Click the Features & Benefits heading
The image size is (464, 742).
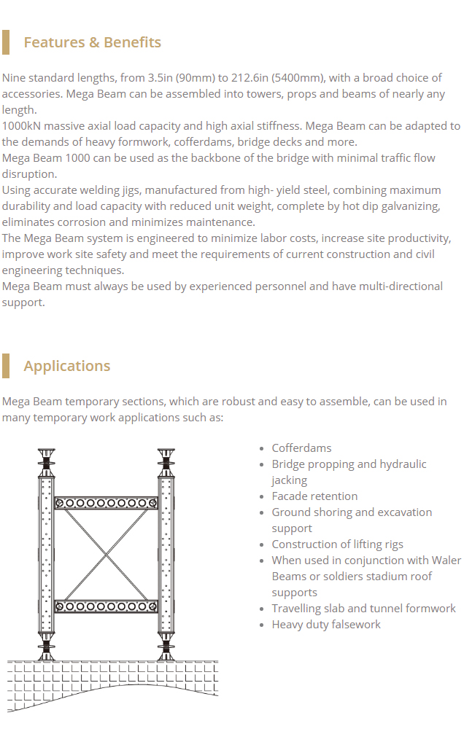click(x=92, y=42)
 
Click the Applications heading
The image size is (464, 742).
click(x=66, y=366)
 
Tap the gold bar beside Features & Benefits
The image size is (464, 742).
click(x=6, y=42)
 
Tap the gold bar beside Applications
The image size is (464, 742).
click(x=6, y=366)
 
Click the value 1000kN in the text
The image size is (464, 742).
click(x=21, y=126)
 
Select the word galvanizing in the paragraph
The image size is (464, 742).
click(x=409, y=206)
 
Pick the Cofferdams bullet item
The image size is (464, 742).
click(x=301, y=448)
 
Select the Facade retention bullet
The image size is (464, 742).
click(x=314, y=496)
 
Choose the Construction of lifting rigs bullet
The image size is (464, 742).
click(x=337, y=544)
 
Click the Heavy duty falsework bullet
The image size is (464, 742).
click(x=326, y=625)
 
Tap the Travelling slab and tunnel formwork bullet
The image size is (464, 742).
click(x=363, y=609)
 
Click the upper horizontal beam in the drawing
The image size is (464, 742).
click(x=107, y=503)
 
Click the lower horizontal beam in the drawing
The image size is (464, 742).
click(x=107, y=606)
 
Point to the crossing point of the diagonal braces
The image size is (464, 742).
click(x=107, y=555)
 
